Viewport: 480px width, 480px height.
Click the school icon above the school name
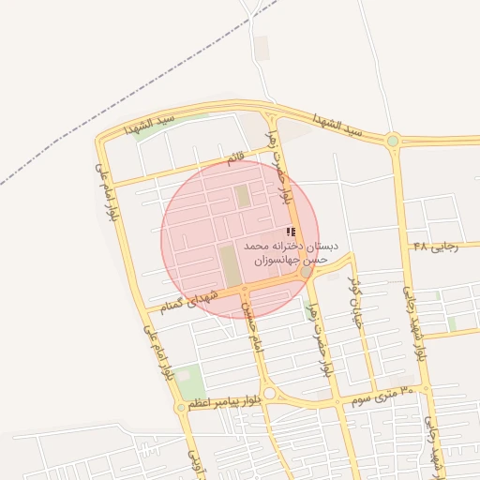291,232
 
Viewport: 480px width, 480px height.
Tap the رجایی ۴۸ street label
434,247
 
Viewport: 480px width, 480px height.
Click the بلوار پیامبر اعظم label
222,401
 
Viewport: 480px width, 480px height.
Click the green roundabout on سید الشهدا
393,142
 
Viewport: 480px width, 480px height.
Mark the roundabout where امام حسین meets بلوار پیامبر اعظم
270,394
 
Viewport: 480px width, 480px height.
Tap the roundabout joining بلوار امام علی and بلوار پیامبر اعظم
181,408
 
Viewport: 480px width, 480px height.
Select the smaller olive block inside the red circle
243,196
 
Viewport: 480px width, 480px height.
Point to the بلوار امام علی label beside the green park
157,352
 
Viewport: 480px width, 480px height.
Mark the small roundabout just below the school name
307,273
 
